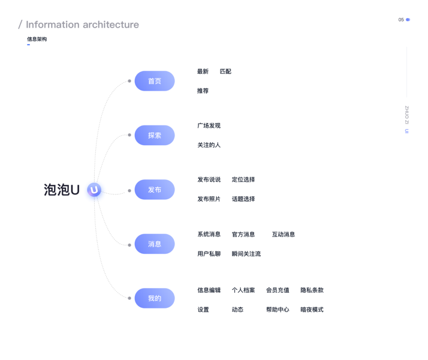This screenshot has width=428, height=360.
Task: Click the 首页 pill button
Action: pyautogui.click(x=155, y=81)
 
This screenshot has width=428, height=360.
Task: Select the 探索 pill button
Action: pyautogui.click(x=155, y=135)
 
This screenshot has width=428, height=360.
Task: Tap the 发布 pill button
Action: pyautogui.click(x=155, y=190)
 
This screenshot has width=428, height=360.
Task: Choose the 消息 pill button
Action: pyautogui.click(x=155, y=244)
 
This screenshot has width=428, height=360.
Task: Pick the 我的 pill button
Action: pyautogui.click(x=155, y=298)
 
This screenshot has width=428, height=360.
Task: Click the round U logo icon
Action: pyautogui.click(x=94, y=190)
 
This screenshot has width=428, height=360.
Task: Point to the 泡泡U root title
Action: pyautogui.click(x=62, y=190)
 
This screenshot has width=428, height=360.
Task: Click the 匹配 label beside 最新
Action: pyautogui.click(x=225, y=71)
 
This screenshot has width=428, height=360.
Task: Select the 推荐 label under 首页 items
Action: pyautogui.click(x=203, y=91)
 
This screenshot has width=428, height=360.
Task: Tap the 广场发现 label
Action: pyautogui.click(x=209, y=125)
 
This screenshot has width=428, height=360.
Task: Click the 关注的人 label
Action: pyautogui.click(x=209, y=145)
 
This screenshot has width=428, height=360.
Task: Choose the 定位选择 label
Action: pyautogui.click(x=243, y=180)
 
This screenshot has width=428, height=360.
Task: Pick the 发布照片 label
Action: pyautogui.click(x=209, y=199)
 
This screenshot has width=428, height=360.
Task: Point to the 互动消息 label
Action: pyautogui.click(x=284, y=235)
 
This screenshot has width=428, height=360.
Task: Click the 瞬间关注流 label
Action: pyautogui.click(x=246, y=254)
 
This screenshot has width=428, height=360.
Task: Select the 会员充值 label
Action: pyautogui.click(x=278, y=290)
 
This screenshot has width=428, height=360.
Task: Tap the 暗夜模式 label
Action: pyautogui.click(x=312, y=310)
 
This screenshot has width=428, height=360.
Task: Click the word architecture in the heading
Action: pyautogui.click(x=111, y=25)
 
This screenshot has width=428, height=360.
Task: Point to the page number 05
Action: pyautogui.click(x=401, y=20)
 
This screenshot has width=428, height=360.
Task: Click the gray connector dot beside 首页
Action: pyautogui.click(x=129, y=81)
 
